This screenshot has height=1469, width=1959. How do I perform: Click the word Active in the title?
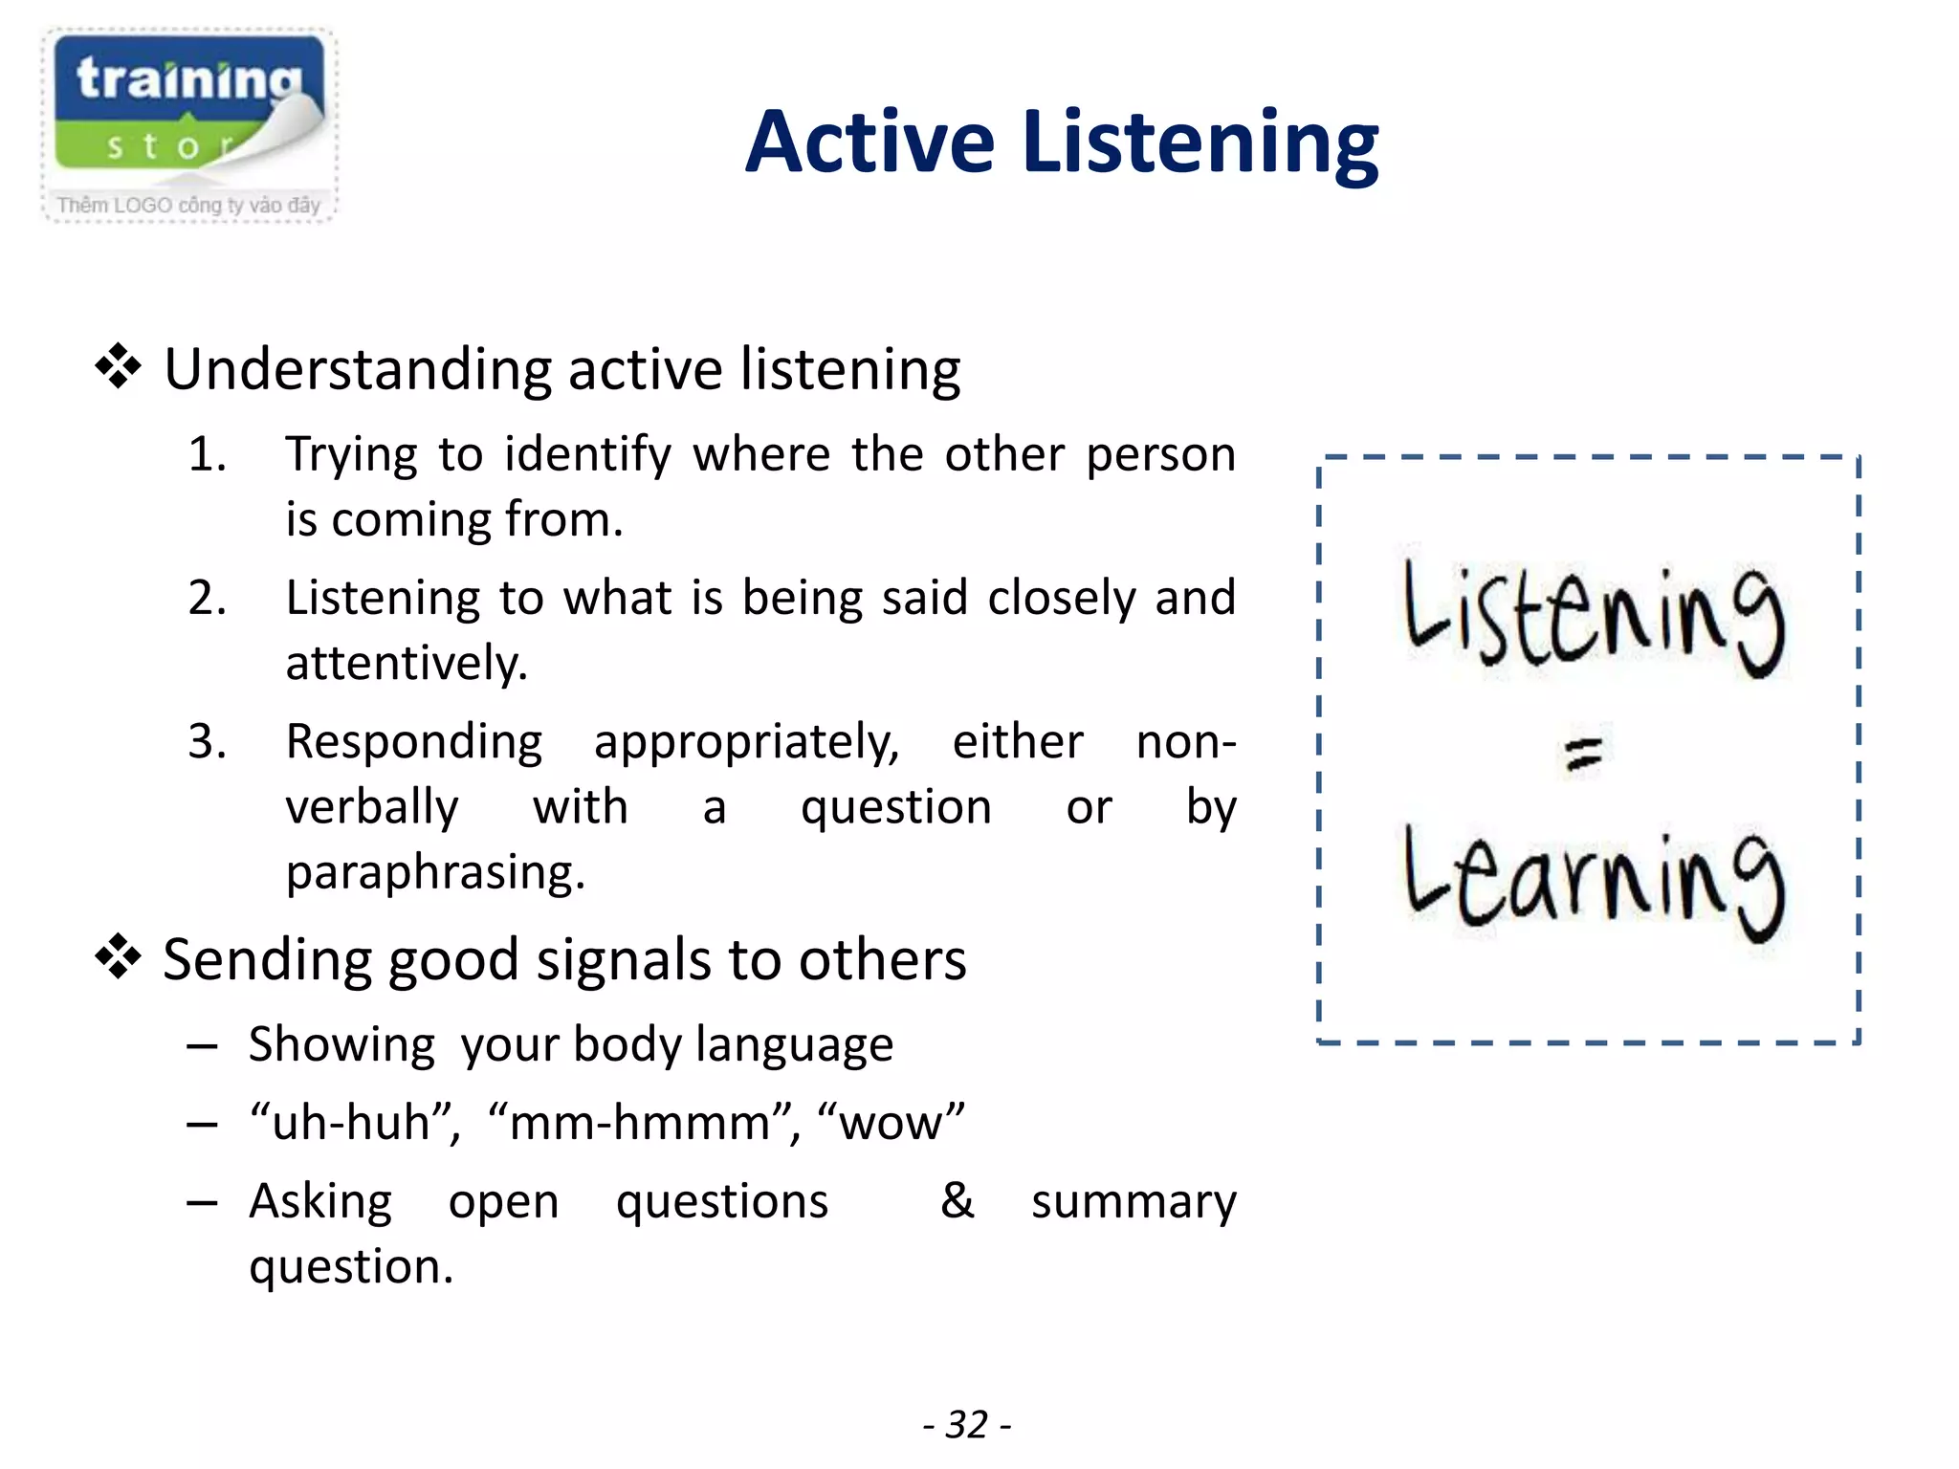870,143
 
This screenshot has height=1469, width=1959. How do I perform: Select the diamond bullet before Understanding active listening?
119,367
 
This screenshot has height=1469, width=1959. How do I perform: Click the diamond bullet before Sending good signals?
119,957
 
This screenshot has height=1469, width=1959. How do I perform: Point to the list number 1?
207,454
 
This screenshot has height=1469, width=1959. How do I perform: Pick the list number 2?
207,598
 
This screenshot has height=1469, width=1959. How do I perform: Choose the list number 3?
207,741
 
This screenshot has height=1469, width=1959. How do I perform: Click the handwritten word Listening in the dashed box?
1593,617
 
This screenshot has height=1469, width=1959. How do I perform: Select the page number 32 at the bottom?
966,1424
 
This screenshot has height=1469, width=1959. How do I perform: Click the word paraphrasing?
435,872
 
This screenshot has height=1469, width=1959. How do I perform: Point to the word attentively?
407,663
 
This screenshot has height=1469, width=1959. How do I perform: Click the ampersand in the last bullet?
957,1200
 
